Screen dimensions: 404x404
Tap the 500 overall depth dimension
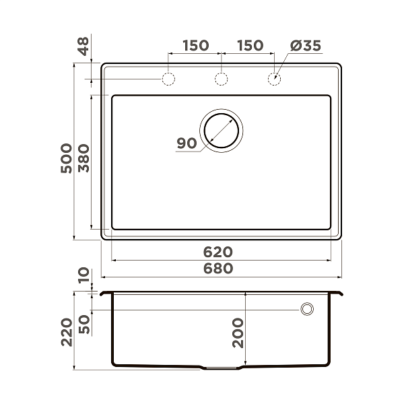[x=65, y=158]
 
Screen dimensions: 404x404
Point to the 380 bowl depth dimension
[x=83, y=158]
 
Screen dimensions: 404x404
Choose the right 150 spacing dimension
[x=249, y=45]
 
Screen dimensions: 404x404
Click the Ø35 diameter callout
[x=305, y=45]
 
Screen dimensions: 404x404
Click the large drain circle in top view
[x=222, y=129]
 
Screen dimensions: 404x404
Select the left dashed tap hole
[x=168, y=79]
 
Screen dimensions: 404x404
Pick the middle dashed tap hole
[x=221, y=79]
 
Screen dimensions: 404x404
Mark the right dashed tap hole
[x=274, y=79]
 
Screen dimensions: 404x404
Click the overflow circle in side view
[x=307, y=309]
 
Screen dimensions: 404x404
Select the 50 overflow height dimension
[x=83, y=325]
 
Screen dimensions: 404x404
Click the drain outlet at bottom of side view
[x=222, y=369]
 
